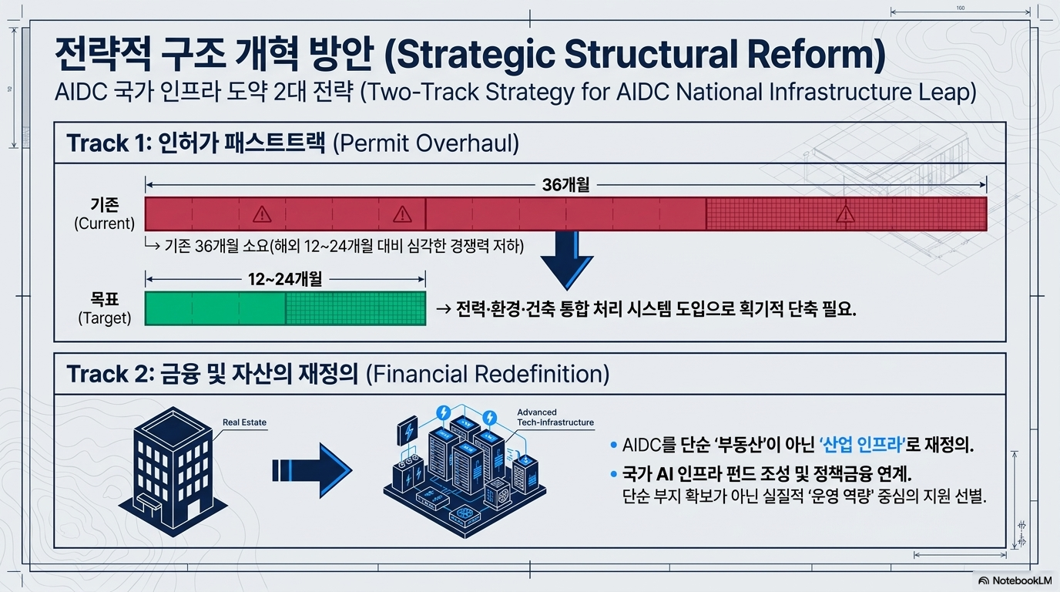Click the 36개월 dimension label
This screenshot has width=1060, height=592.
click(x=566, y=185)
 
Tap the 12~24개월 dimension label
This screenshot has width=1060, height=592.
click(x=285, y=279)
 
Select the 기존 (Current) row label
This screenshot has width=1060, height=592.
click(x=105, y=214)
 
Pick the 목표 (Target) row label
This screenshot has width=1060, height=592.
click(x=105, y=308)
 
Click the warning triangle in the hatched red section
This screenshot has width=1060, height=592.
click(x=845, y=214)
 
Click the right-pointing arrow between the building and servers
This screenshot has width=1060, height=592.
click(x=312, y=470)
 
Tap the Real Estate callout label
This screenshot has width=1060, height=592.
click(x=244, y=422)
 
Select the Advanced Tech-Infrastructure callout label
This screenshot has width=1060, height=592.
click(x=555, y=417)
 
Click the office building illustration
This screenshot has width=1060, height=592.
click(x=173, y=471)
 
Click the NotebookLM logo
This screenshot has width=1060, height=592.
click(x=1015, y=580)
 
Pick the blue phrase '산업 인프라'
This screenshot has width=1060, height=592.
click(x=862, y=445)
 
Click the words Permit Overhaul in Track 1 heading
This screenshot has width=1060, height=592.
click(x=426, y=143)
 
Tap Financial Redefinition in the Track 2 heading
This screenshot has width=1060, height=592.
click(x=488, y=374)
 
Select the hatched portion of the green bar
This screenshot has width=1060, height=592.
click(x=355, y=308)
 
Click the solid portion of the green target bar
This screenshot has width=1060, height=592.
click(x=216, y=308)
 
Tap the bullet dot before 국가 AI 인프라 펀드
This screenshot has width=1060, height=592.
click(x=614, y=473)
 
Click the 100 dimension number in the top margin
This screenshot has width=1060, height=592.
click(x=960, y=8)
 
